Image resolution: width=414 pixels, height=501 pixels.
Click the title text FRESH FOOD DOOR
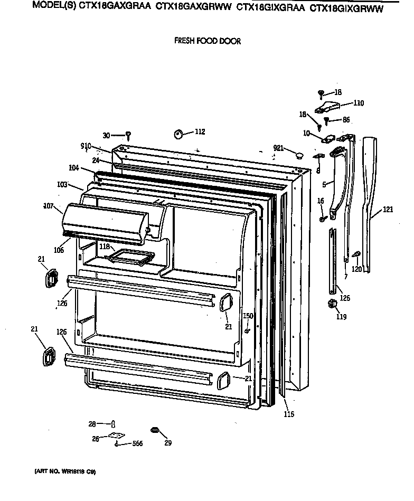pyautogui.click(x=207, y=41)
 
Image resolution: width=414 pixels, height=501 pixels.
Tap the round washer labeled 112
pyautogui.click(x=178, y=134)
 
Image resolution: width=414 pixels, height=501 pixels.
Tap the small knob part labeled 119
pyautogui.click(x=332, y=304)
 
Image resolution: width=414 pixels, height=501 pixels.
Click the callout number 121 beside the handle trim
pyautogui.click(x=388, y=210)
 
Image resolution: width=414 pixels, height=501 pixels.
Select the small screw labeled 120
pyautogui.click(x=356, y=255)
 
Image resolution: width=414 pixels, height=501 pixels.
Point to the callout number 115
pyautogui.click(x=288, y=414)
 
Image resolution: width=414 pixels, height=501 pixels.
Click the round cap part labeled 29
pyautogui.click(x=155, y=430)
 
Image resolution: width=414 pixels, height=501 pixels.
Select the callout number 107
pyautogui.click(x=49, y=205)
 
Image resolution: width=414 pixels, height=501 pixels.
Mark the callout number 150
pyautogui.click(x=248, y=316)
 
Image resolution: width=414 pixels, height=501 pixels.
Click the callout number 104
pyautogui.click(x=73, y=168)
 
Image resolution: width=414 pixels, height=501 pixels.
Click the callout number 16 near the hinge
pyautogui.click(x=320, y=201)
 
